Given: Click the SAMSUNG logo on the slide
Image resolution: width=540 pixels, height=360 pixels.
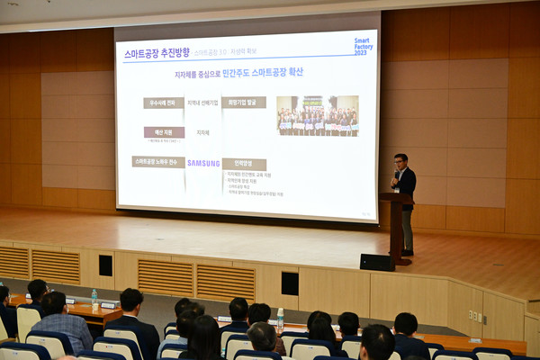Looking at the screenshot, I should [x=203, y=163].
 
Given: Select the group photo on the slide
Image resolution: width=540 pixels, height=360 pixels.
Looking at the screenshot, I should [x=317, y=116].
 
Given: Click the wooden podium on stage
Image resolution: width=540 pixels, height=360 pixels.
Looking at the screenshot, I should [x=395, y=225].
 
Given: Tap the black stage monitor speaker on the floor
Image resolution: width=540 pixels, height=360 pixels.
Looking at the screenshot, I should [x=376, y=262].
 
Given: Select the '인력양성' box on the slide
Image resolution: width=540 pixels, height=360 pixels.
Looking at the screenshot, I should [x=244, y=164].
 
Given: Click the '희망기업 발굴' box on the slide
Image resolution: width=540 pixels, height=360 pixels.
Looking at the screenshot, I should [x=244, y=103].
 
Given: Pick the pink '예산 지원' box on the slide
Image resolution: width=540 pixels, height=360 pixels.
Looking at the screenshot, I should [x=164, y=132].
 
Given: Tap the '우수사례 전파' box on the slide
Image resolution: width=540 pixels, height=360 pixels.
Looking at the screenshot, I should [x=163, y=103].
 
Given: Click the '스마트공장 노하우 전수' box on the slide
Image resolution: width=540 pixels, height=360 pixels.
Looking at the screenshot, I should [x=158, y=162].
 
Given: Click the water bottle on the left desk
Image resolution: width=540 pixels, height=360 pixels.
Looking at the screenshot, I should [x=94, y=298].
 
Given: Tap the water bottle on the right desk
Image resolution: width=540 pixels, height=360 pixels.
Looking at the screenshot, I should [x=280, y=318].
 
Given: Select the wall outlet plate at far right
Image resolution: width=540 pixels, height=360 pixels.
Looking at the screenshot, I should [x=472, y=316].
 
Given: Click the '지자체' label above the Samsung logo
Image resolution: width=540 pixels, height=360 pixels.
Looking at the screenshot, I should [x=203, y=132].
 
